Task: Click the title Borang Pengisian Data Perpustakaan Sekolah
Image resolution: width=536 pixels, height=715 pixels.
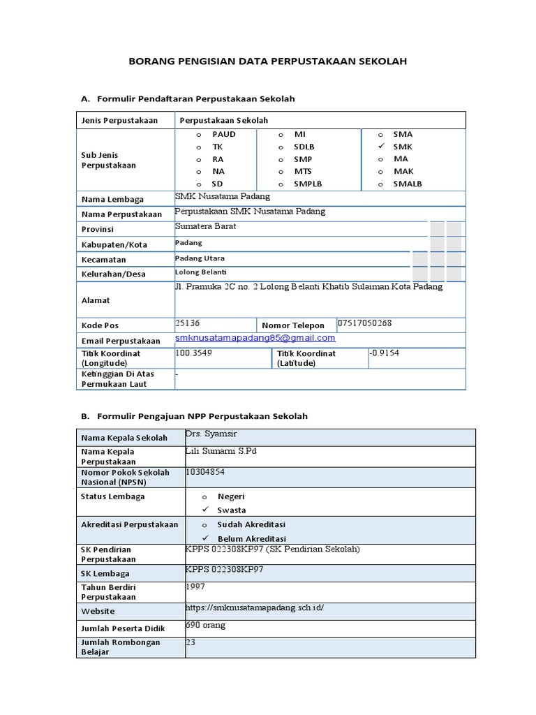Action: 268,61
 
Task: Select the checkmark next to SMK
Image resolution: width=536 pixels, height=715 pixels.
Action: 380,147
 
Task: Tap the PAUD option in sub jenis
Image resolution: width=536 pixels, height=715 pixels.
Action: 223,134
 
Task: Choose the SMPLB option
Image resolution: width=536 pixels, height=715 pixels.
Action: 308,184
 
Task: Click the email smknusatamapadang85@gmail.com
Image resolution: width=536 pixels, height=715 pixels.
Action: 255,338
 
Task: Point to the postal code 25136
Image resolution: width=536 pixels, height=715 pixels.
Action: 188,323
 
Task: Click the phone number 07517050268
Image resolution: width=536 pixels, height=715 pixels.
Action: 364,323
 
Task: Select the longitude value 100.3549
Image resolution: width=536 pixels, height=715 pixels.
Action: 194,353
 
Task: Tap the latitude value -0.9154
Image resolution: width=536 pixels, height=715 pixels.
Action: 385,353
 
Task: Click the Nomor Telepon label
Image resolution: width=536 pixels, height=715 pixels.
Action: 293,325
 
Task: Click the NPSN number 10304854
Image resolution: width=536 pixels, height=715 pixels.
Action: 205,472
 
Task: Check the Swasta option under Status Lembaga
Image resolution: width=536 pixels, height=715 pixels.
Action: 232,510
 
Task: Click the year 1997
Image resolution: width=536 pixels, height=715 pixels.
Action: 195,587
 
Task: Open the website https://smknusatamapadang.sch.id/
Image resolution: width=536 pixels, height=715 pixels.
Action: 255,607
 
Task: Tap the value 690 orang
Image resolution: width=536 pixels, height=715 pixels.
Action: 206,626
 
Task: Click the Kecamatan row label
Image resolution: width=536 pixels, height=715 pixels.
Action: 104,259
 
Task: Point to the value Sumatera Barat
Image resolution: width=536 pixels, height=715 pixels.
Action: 206,227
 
